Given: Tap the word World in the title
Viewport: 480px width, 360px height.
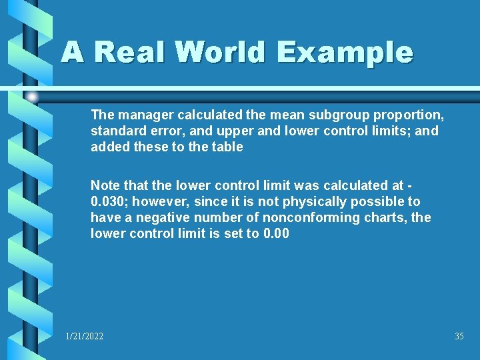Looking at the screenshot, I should click(x=217, y=52).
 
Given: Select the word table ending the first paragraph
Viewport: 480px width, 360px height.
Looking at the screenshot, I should click(x=227, y=147).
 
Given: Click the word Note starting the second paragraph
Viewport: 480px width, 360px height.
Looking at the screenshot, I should click(x=104, y=185).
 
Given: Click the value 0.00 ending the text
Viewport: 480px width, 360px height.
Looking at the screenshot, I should click(x=276, y=233).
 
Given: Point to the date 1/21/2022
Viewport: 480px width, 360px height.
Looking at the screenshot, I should click(x=85, y=337).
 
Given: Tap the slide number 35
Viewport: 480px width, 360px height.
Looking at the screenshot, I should click(x=459, y=337).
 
